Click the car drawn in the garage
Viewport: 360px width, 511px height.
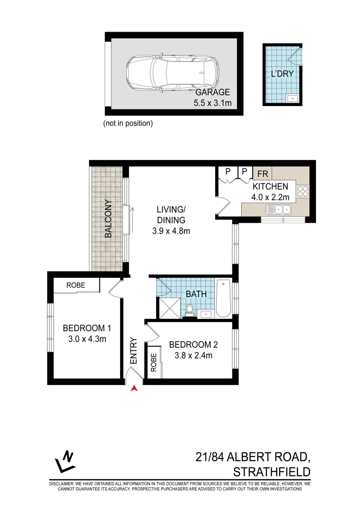(173, 74)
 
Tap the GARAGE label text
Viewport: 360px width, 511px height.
(212, 92)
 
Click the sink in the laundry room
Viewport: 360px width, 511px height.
(292, 98)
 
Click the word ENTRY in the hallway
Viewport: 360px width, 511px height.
(134, 351)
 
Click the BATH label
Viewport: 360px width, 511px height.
(196, 294)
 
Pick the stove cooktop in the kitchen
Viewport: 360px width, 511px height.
(302, 191)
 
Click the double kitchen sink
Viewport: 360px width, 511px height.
(279, 209)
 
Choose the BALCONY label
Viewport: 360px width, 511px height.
(108, 219)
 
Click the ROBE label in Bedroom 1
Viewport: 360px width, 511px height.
(75, 285)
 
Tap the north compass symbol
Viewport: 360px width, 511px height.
(65, 462)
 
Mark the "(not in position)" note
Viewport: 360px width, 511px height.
(128, 123)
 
